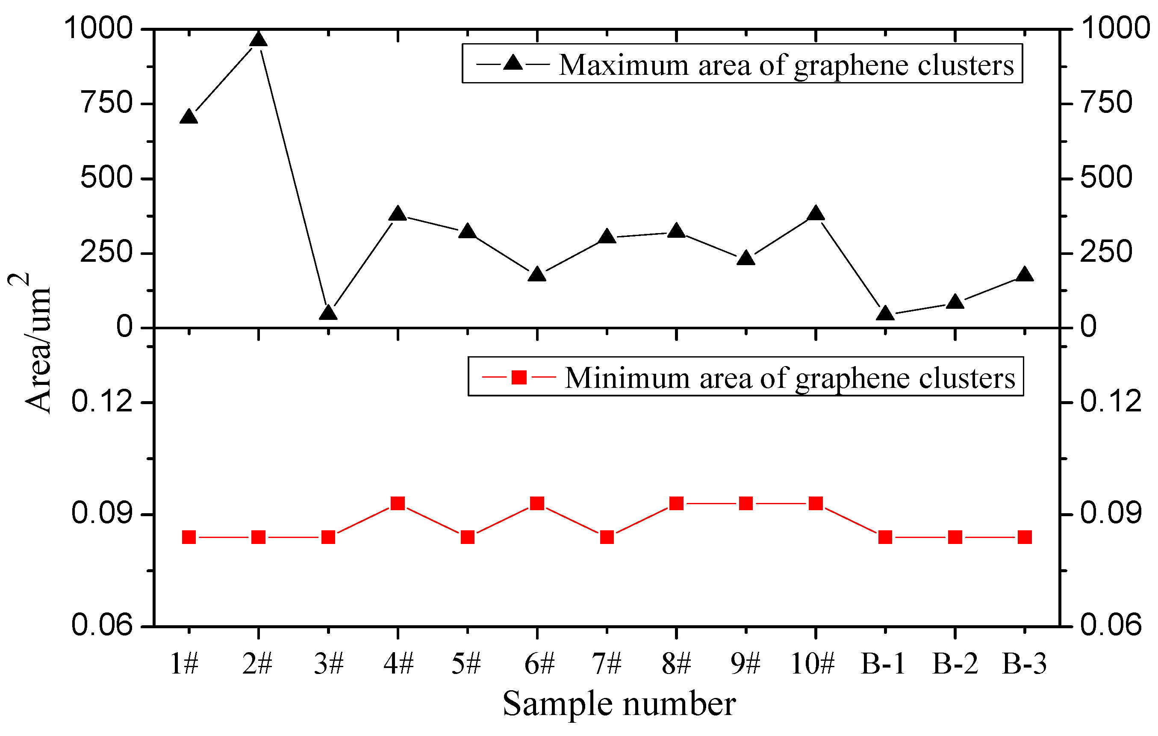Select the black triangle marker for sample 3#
[328, 313]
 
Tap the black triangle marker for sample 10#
[816, 213]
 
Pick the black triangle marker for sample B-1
[885, 313]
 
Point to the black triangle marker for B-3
[1024, 274]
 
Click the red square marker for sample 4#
[398, 504]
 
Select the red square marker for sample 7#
[607, 537]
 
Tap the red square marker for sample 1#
[189, 537]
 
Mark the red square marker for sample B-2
[955, 537]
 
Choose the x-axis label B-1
[883, 664]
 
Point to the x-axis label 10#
[813, 664]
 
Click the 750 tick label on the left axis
[107, 103]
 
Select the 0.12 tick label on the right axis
[1111, 401]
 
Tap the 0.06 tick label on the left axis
[101, 625]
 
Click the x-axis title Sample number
[619, 704]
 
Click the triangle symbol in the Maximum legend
[513, 63]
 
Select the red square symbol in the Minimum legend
[519, 377]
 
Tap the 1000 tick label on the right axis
[1115, 28]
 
